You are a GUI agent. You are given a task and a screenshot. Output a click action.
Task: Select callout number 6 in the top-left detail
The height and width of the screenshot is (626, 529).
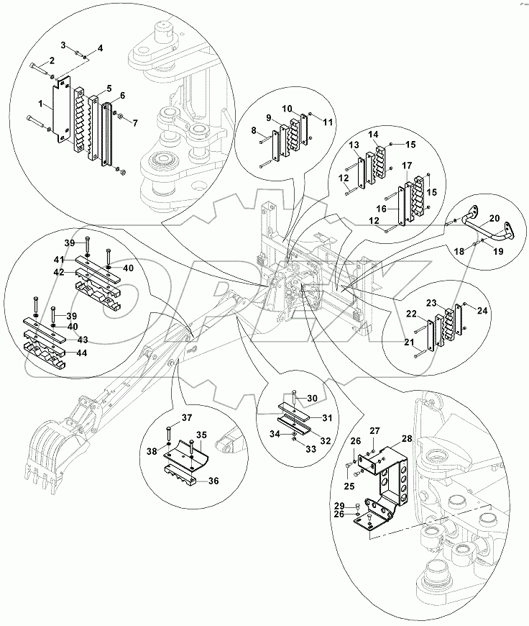point(122,96)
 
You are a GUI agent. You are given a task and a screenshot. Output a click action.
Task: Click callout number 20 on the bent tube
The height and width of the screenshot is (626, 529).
point(494,219)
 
